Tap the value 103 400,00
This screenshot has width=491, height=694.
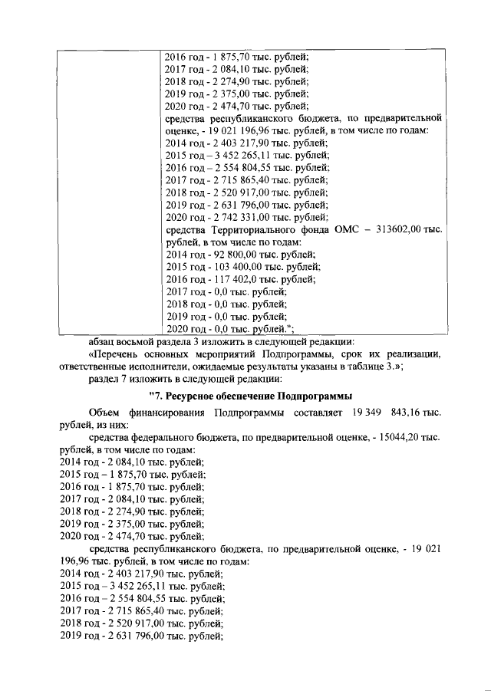tap(229, 267)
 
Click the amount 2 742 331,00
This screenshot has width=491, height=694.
tap(237, 218)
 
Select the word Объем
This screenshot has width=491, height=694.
tap(104, 413)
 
